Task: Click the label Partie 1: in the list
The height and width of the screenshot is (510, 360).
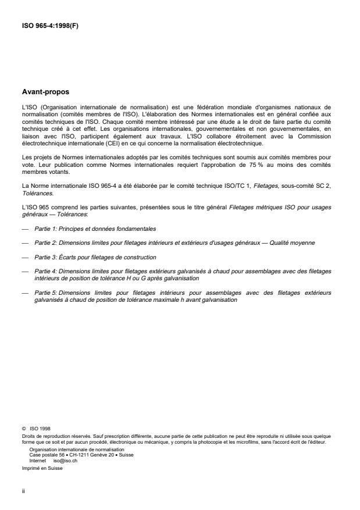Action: pos(47,215)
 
